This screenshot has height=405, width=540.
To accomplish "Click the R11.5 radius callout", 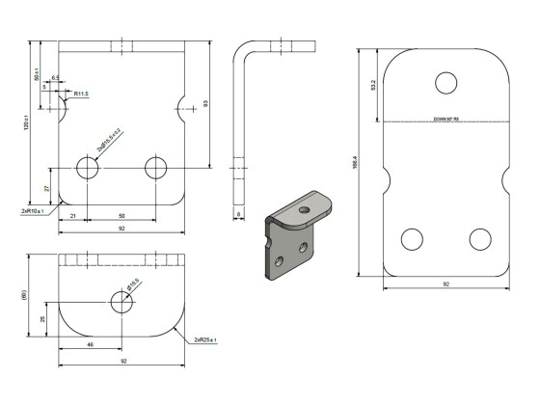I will pyautogui.click(x=81, y=94).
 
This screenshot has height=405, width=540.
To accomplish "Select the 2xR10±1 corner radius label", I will pyautogui.click(x=34, y=209).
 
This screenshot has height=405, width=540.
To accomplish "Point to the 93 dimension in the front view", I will pyautogui.click(x=205, y=103).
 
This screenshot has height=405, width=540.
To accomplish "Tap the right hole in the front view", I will pyautogui.click(x=156, y=168).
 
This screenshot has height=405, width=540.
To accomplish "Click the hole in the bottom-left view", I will pyautogui.click(x=121, y=303).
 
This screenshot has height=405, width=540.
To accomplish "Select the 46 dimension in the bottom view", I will pyautogui.click(x=90, y=344).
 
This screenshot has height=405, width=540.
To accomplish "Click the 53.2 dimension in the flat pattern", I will pyautogui.click(x=373, y=85).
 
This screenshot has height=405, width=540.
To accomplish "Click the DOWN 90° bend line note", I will pyautogui.click(x=445, y=121).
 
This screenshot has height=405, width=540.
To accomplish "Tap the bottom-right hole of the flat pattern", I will pyautogui.click(x=479, y=238).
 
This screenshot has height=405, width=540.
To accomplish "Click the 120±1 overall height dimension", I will pyautogui.click(x=27, y=122).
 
